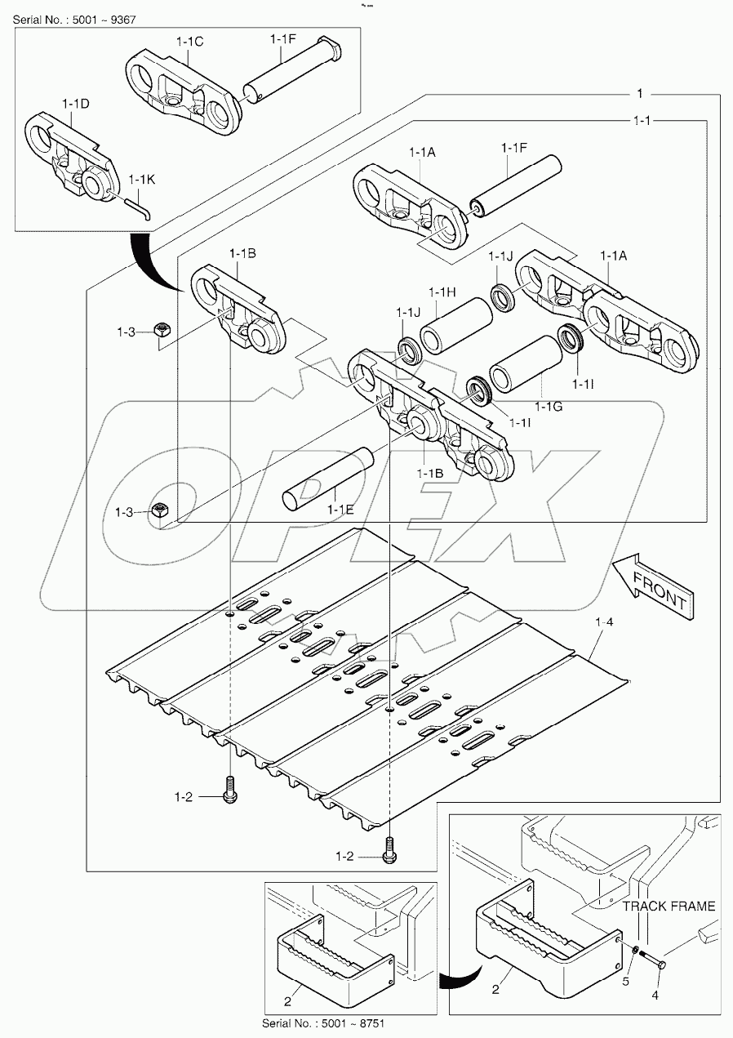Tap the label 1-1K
pos(141,177)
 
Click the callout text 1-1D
pos(75,103)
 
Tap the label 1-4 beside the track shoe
pos(605,623)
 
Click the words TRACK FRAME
pos(669,906)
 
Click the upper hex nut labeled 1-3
pos(162,331)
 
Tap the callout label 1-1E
pos(340,510)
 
